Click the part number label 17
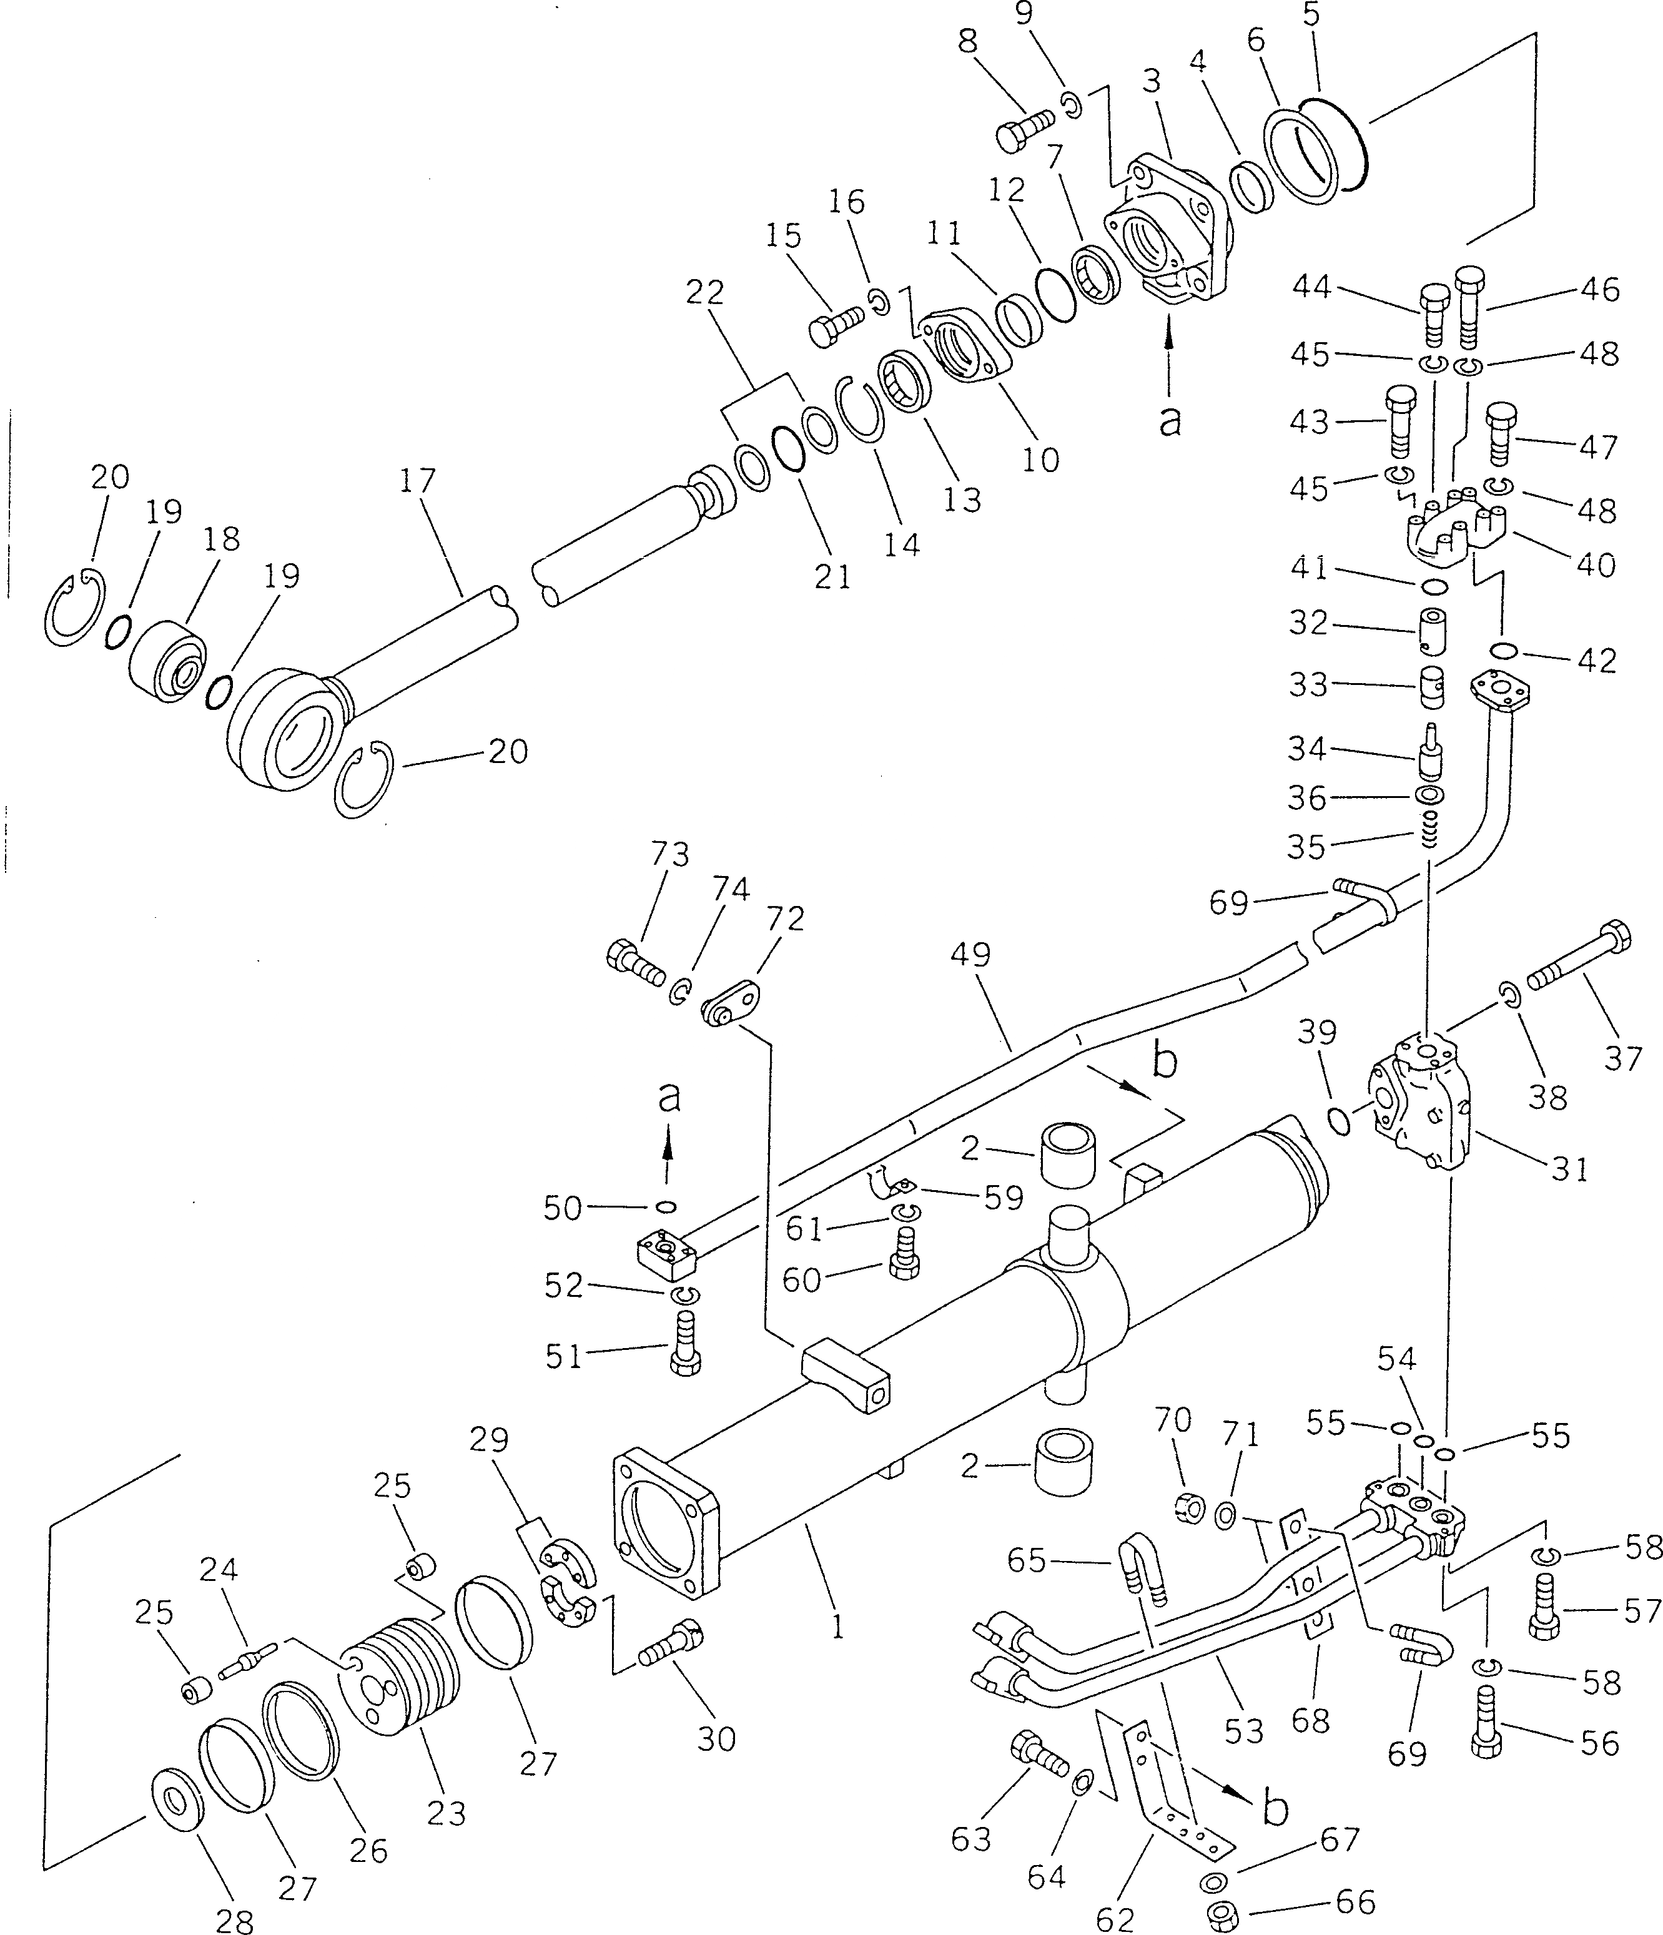(418, 482)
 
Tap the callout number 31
(1569, 1168)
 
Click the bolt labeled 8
(1020, 130)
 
